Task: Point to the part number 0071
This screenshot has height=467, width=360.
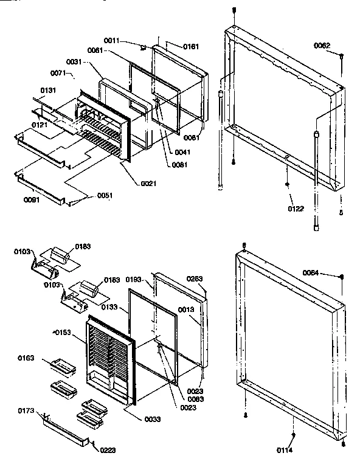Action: (x=58, y=73)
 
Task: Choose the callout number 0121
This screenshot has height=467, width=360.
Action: (x=41, y=124)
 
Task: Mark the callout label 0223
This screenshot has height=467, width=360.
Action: (x=106, y=450)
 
